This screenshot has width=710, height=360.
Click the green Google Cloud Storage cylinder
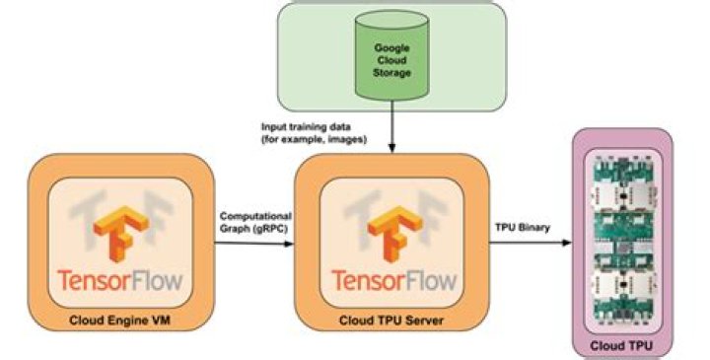pos(392,59)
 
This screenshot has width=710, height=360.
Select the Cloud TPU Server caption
pos(391,320)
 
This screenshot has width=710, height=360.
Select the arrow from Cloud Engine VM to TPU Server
pos(254,248)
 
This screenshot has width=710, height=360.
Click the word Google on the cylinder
pos(392,46)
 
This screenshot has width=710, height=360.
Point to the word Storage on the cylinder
pos(392,72)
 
